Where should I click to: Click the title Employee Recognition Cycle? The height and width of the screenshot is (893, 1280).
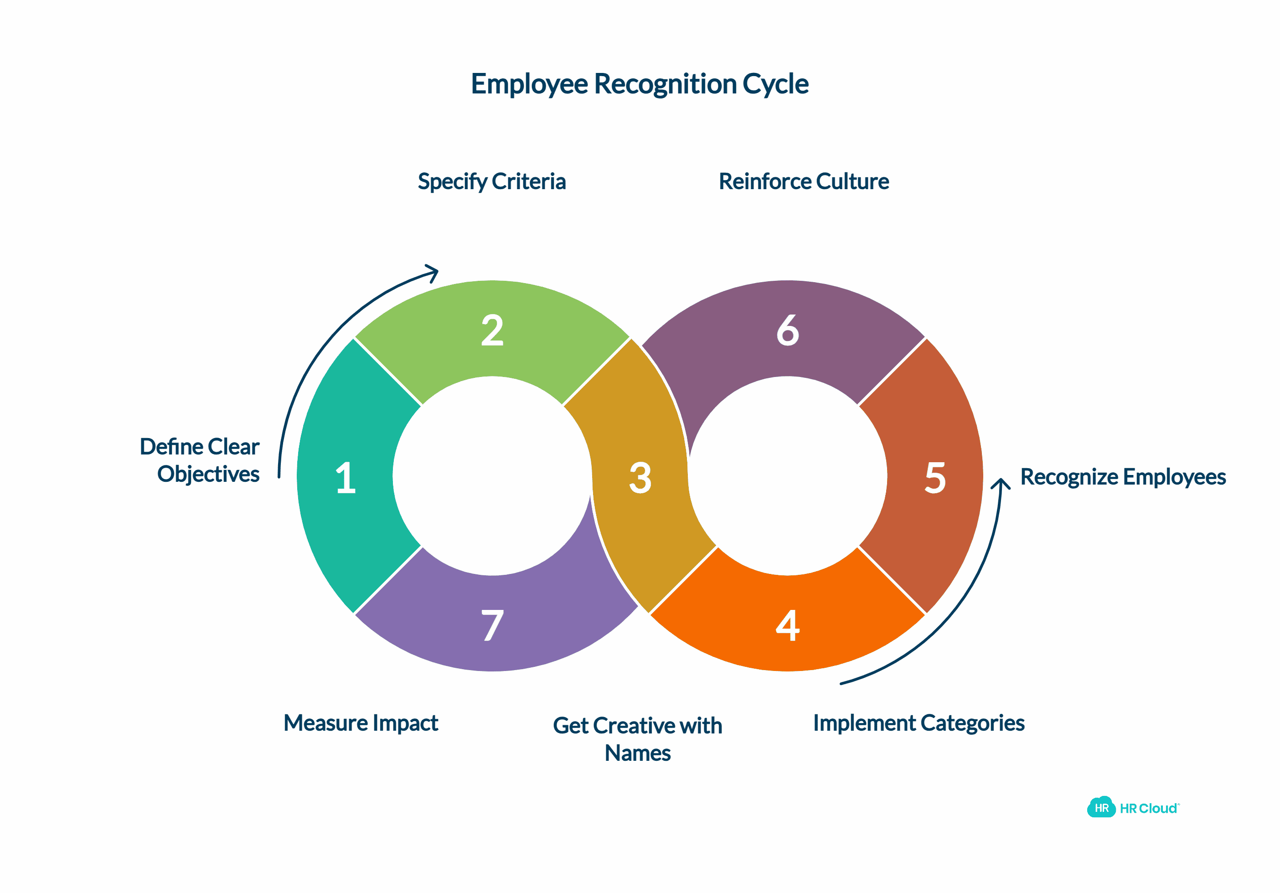pos(640,84)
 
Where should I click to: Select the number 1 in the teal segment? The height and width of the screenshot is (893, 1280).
pos(346,478)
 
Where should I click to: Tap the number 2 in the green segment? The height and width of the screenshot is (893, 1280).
pos(492,330)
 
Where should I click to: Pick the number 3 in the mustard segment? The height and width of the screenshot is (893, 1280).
pos(640,478)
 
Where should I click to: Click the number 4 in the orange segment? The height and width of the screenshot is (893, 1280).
pos(787,625)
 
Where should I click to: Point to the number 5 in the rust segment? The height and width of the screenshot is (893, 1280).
pos(935,478)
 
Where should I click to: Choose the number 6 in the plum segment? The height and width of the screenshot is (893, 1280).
pos(787,330)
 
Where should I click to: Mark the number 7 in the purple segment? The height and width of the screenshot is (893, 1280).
pos(492,625)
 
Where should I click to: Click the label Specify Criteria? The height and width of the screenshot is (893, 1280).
pos(492,182)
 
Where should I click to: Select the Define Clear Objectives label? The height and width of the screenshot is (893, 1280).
pos(200,460)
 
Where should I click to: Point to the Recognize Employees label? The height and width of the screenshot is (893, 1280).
pos(1122,477)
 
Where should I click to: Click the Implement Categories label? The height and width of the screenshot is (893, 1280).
pos(918,723)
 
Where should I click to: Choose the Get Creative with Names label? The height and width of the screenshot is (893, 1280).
pos(637,738)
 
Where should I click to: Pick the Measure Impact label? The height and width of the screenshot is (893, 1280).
pos(361,723)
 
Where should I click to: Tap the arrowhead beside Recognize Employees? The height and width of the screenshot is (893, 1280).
pos(1001,483)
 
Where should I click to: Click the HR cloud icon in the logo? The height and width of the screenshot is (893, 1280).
pos(1100,808)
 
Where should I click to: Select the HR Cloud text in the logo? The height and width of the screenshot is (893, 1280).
pos(1148,808)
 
